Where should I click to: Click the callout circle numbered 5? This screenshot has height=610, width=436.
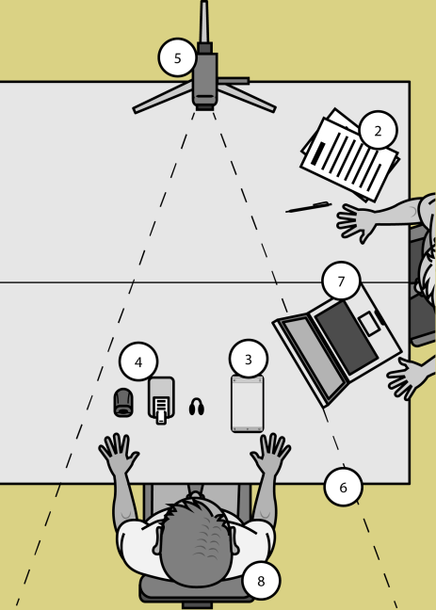178,57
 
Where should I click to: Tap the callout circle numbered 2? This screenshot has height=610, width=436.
378,130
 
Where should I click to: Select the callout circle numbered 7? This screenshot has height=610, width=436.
341,281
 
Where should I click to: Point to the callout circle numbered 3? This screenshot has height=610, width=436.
249,359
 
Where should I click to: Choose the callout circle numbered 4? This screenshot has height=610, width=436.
138,361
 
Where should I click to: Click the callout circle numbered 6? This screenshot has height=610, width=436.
344,487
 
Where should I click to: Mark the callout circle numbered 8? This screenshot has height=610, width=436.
261,581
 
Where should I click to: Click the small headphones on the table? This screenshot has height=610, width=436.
197,407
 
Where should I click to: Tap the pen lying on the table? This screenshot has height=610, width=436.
308,207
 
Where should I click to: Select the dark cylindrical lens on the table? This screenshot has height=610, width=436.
123,403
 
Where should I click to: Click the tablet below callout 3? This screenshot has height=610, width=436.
248,404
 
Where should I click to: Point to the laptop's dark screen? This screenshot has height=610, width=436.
347,338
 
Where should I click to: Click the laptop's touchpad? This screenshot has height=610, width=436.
369,323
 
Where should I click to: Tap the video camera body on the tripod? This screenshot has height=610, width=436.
204,80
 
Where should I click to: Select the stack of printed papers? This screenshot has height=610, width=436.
349,155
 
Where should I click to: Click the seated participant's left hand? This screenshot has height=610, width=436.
119,453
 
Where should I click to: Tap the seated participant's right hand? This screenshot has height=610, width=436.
270,453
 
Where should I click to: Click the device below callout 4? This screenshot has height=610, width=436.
161,400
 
